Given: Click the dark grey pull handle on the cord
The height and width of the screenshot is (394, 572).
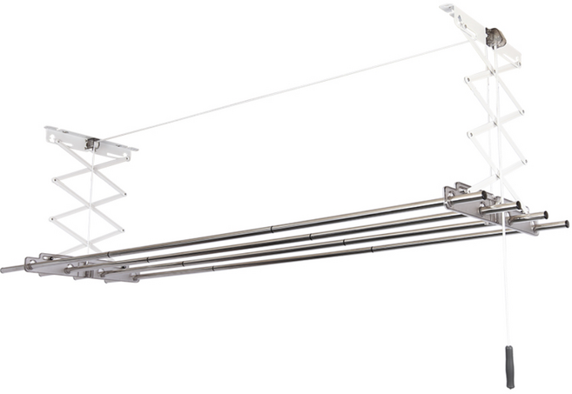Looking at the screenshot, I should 509,366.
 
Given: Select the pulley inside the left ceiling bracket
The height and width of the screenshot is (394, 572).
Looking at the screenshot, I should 92,144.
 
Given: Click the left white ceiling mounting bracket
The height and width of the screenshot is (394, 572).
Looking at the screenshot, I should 90,141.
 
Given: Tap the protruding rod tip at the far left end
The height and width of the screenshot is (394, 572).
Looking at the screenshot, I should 7,270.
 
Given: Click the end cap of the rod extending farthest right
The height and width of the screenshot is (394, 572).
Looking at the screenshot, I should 564,224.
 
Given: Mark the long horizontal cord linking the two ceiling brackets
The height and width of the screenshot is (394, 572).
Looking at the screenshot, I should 287,88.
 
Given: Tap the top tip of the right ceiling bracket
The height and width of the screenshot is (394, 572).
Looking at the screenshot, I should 447,9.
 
